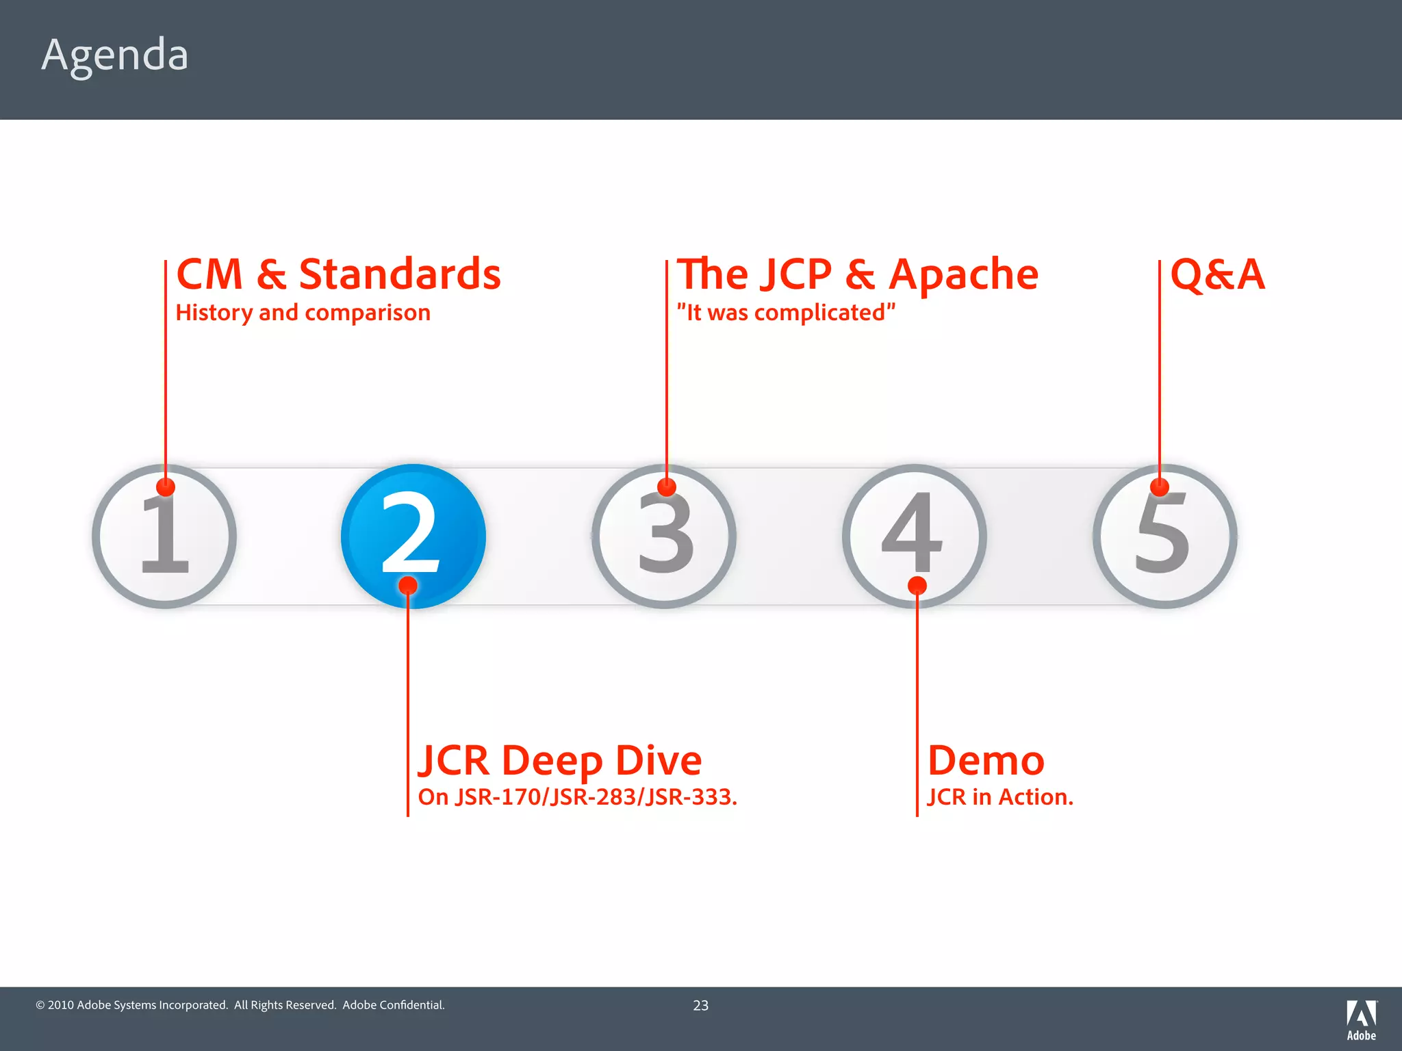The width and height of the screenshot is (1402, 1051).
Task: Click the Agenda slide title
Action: coord(114,55)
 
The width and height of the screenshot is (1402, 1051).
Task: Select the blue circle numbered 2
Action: coord(413,535)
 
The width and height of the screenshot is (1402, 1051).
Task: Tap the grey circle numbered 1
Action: coord(164,536)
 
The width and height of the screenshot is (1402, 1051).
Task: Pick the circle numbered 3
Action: coord(664,536)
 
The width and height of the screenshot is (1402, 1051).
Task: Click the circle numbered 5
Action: coord(1164,536)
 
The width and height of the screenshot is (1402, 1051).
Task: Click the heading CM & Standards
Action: coord(338,274)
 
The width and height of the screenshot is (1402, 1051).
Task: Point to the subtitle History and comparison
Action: coord(303,313)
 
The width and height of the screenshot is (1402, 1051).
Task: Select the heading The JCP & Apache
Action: coord(857,274)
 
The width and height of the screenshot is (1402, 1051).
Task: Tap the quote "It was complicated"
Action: coord(786,313)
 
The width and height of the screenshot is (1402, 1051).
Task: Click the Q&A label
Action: coord(1217,274)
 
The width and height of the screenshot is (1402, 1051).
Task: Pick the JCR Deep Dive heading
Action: coord(560,760)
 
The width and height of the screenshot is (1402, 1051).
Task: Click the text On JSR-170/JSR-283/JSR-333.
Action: coord(577,797)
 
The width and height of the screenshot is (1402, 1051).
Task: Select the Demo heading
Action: coord(986,760)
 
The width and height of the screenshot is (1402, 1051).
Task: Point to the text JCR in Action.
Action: coord(999,797)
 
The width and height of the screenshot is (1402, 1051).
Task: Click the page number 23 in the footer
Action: coord(700,1005)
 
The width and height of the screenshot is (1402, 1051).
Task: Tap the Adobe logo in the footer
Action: coord(1361,1020)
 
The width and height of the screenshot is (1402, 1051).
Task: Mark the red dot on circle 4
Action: coord(917,586)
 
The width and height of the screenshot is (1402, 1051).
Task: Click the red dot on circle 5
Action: coord(1159,487)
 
